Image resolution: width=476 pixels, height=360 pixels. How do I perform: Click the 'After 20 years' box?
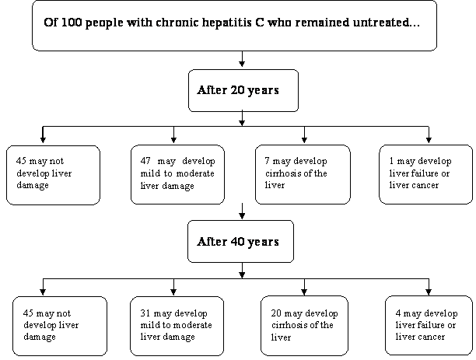click(x=243, y=90)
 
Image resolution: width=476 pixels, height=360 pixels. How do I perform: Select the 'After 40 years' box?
click(x=241, y=241)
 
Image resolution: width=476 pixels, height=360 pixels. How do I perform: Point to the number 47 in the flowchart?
click(x=145, y=161)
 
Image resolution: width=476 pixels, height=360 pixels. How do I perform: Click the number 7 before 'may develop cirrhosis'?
click(x=267, y=161)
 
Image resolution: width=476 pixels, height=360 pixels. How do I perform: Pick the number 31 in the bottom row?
click(x=145, y=313)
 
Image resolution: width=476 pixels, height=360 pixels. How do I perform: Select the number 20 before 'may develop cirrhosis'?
click(x=276, y=313)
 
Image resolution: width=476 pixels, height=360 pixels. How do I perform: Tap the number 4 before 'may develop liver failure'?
click(x=398, y=313)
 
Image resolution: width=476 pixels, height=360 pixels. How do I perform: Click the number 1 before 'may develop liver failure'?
click(x=391, y=161)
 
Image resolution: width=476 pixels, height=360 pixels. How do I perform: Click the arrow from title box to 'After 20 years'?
click(x=242, y=59)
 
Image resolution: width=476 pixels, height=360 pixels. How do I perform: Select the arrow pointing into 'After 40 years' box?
click(x=242, y=211)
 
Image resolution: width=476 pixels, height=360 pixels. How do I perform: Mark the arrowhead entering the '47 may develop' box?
click(x=173, y=139)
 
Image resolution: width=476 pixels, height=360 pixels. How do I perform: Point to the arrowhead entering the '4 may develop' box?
click(x=429, y=292)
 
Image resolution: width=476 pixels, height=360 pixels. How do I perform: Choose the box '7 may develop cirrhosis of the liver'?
click(x=303, y=174)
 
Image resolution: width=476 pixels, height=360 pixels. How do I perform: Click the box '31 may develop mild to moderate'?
click(x=177, y=326)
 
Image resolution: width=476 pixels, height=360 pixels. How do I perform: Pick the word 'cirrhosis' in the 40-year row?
click(x=287, y=325)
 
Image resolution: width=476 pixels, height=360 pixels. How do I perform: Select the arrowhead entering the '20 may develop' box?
click(x=304, y=292)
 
